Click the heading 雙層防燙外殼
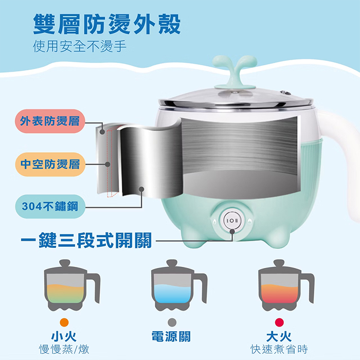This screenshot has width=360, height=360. (x=107, y=24)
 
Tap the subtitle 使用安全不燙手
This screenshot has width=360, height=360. (x=79, y=46)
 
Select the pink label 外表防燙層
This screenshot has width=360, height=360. (x=50, y=121)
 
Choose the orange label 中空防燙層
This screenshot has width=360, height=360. (x=50, y=164)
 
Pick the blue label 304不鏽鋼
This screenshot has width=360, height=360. (x=50, y=206)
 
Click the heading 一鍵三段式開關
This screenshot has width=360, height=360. (x=86, y=240)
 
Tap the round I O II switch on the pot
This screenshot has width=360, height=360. (x=232, y=221)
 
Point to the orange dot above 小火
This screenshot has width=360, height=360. (x=64, y=322)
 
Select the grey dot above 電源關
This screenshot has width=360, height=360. (x=172, y=322)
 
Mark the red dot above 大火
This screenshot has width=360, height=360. (x=279, y=322)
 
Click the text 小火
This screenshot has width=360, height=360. (x=64, y=336)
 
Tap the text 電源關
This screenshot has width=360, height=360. (x=171, y=336)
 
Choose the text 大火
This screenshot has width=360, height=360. (x=279, y=336)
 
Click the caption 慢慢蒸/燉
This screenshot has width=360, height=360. (x=64, y=350)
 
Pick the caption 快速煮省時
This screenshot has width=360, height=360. (x=279, y=350)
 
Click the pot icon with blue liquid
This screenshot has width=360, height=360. (x=179, y=285)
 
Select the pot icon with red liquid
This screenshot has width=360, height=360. (x=286, y=285)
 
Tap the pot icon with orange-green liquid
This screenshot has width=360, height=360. (x=72, y=285)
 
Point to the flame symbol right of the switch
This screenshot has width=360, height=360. (x=250, y=221)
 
